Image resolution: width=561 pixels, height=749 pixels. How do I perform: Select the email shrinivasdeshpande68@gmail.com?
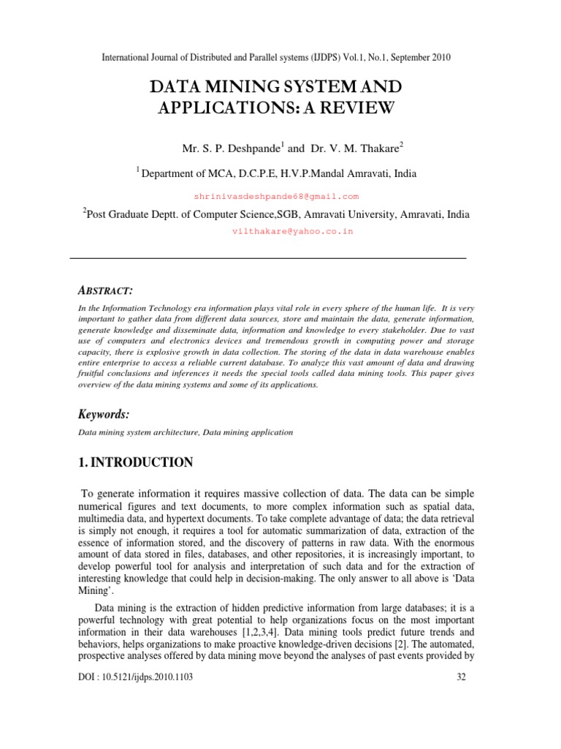click(276, 197)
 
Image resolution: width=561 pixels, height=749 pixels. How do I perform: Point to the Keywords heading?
click(104, 415)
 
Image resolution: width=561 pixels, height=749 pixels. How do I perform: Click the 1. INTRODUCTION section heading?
click(135, 462)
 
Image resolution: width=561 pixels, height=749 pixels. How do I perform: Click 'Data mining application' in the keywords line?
click(248, 432)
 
